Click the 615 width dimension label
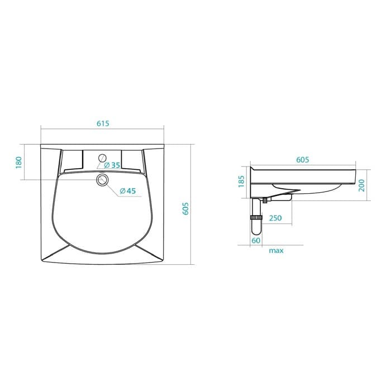pyautogui.click(x=103, y=123)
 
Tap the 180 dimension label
pyautogui.click(x=18, y=162)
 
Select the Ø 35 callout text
pyautogui.click(x=112, y=165)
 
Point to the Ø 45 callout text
pyautogui.click(x=128, y=191)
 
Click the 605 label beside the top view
pyautogui.click(x=186, y=209)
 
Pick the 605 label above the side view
pyautogui.click(x=303, y=160)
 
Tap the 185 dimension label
pyautogui.click(x=241, y=182)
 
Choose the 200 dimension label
pyautogui.click(x=361, y=185)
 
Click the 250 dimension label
pyautogui.click(x=275, y=218)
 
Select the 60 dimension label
pyautogui.click(x=256, y=240)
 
